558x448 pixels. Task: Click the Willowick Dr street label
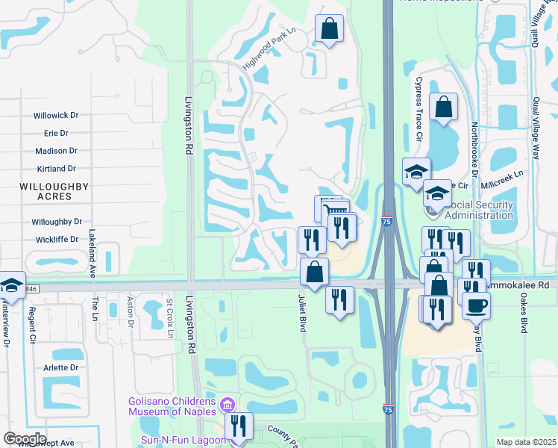pyautogui.click(x=56, y=116)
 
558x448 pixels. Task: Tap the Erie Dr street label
pyautogui.click(x=56, y=133)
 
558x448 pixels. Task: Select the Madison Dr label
pyautogui.click(x=56, y=151)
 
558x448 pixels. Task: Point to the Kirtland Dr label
pyautogui.click(x=56, y=169)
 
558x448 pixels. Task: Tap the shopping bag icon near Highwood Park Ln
pyautogui.click(x=329, y=29)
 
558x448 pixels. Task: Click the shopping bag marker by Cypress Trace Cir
pyautogui.click(x=443, y=108)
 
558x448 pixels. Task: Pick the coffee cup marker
pyautogui.click(x=476, y=304)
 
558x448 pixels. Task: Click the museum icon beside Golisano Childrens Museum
pyautogui.click(x=228, y=406)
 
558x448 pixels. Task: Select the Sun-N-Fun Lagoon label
pyautogui.click(x=183, y=440)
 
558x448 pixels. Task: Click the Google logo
pyautogui.click(x=25, y=439)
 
